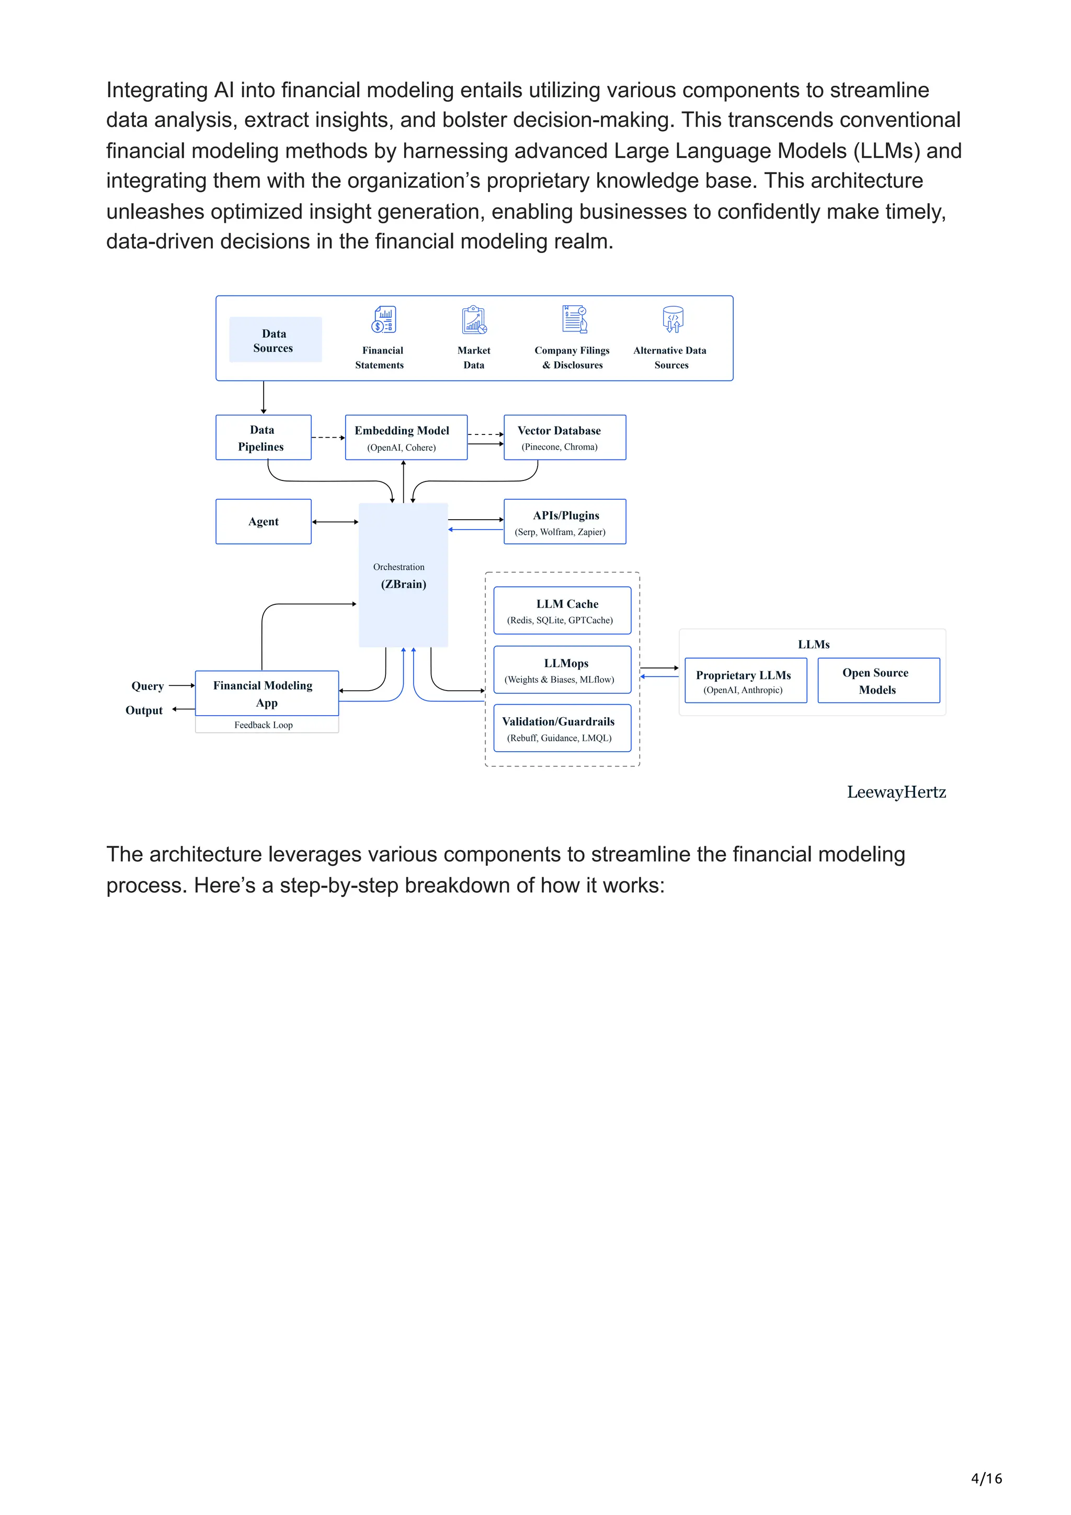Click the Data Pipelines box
pos(263,438)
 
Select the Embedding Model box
pos(406,438)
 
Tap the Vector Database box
pos(564,438)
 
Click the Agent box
pos(263,521)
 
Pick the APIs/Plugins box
pos(564,521)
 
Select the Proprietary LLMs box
pos(746,680)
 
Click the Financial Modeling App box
pos(267,694)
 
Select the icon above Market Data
pos(474,319)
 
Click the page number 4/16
pos(986,1478)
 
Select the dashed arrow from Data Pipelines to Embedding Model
pos(327,438)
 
